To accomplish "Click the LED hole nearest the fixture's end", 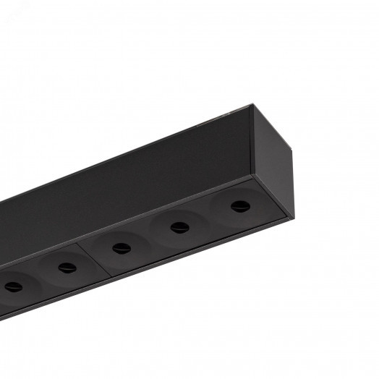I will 237,208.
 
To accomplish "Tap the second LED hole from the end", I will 176,228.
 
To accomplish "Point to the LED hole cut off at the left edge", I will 10,287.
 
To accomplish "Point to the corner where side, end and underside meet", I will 252,176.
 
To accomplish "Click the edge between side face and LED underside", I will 130,221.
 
